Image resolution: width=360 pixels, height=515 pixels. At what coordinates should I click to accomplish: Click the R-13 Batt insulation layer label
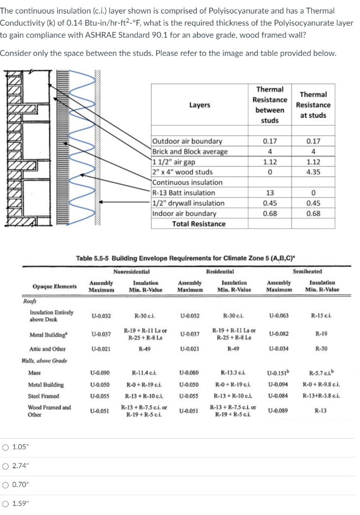(x=184, y=193)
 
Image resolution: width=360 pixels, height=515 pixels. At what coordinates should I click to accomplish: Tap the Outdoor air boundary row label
(x=187, y=141)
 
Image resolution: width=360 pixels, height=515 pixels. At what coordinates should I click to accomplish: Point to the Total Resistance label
(x=199, y=224)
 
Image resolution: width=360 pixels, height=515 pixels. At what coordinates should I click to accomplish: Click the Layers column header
(x=200, y=105)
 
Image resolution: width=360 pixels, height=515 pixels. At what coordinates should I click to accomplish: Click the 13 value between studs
(x=270, y=193)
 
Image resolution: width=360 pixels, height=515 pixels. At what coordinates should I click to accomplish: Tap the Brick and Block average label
(x=190, y=151)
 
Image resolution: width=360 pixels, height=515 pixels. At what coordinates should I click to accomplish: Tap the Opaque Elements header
(x=55, y=286)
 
